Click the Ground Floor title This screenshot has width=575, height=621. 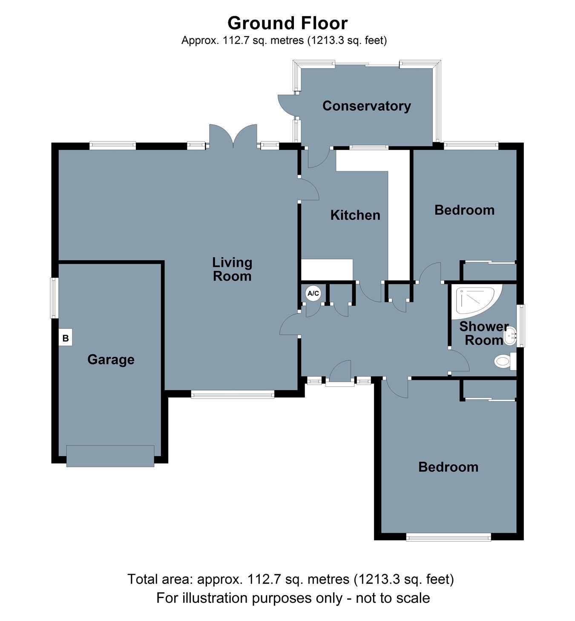coord(287,23)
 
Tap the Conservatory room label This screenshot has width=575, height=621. coord(366,106)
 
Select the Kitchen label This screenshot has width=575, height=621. coord(355,215)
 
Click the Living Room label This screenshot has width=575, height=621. coord(232,269)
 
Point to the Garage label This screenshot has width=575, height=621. coord(111,359)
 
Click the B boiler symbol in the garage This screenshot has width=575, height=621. coord(66,338)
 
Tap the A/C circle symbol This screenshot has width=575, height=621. coord(313,293)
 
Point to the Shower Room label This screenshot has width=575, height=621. coord(484,333)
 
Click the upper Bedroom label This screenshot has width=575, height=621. coord(464,210)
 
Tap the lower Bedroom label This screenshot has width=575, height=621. coord(448,467)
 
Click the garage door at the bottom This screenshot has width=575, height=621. coord(110,456)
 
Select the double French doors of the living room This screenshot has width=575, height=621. coord(233,136)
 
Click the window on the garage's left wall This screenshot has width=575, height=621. coord(54,298)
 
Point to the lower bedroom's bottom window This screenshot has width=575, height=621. coord(448,538)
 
